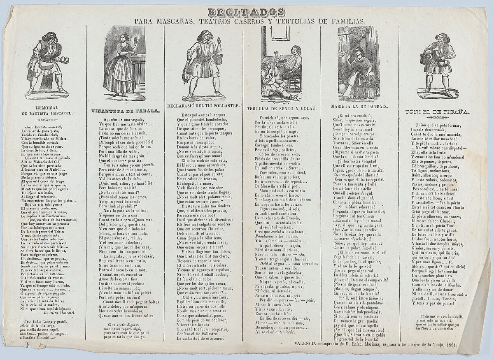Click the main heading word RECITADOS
click(246, 12)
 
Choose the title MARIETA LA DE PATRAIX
click(359, 106)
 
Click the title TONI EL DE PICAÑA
click(437, 111)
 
